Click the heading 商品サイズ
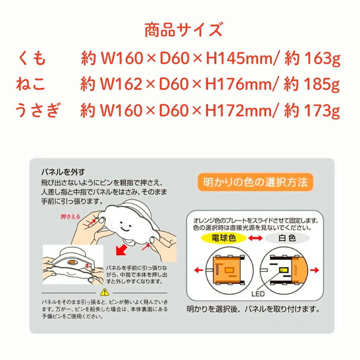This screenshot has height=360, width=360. click(184, 30)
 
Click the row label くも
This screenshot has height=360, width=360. click(32, 58)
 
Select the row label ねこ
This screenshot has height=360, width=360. click(31, 84)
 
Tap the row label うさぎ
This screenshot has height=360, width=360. click(38, 110)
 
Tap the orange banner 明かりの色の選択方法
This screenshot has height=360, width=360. click(255, 182)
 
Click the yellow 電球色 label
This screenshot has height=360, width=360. click(224, 238)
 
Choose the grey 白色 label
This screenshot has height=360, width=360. click(287, 238)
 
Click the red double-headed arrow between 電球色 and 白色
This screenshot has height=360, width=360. click(255, 238)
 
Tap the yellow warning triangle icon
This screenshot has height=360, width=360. click(105, 292)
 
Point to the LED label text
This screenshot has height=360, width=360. click(258, 294)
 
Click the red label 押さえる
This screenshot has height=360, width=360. click(71, 217)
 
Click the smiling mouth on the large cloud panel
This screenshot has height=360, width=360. click(125, 229)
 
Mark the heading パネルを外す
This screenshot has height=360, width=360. click(63, 172)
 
